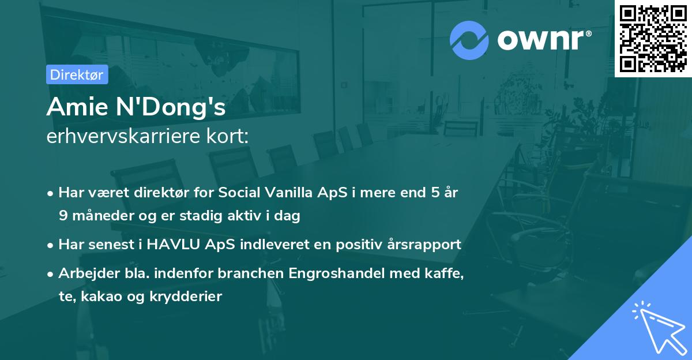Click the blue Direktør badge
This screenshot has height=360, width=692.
pos(77,74)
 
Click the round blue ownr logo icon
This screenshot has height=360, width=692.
pos(469,40)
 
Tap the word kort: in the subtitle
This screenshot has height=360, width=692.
pos(228,137)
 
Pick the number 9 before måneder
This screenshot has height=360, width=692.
pos(62,216)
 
